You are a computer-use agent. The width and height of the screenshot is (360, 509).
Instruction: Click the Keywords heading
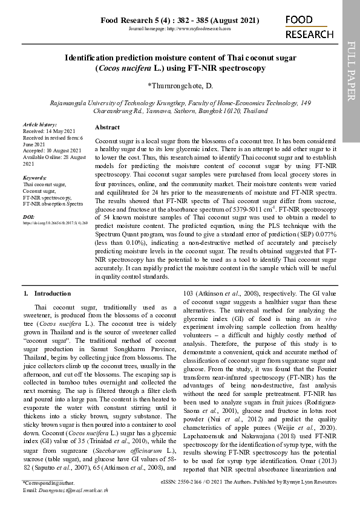click(x=34, y=178)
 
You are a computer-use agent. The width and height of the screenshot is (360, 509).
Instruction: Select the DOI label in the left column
click(x=28, y=216)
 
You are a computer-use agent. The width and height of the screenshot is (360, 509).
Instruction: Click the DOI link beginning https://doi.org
click(x=56, y=223)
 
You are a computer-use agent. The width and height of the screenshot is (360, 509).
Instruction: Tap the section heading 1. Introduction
click(x=47, y=293)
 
